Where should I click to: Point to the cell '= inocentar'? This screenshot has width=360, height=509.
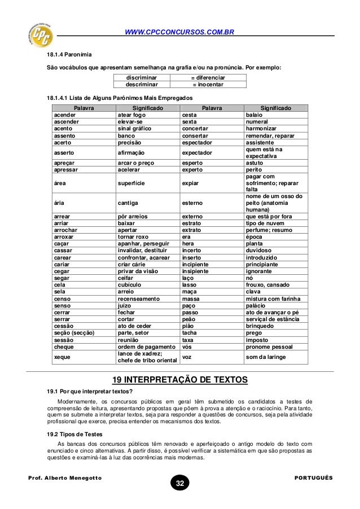click(208, 85)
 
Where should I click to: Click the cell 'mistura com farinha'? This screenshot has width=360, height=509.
click(274, 299)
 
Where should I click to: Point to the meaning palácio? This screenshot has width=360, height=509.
click(257, 305)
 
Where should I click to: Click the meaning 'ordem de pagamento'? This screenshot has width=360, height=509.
click(143, 346)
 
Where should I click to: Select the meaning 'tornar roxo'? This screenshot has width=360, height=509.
click(133, 237)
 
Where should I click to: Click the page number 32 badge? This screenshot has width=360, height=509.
click(180, 484)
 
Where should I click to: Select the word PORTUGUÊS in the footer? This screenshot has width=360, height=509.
click(314, 477)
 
